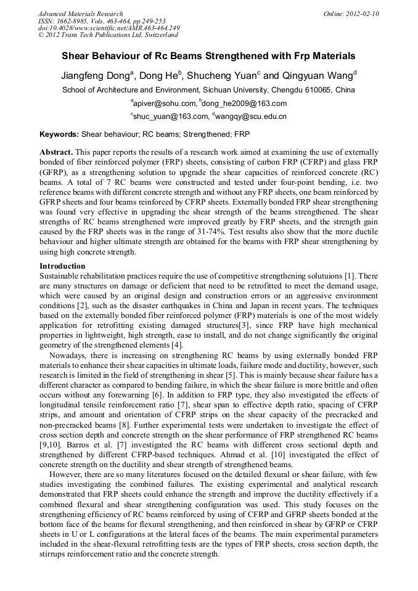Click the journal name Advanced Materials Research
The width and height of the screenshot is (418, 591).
pos(80,14)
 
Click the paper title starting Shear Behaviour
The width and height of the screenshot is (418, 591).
pos(208,56)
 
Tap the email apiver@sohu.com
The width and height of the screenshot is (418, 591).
pos(163,104)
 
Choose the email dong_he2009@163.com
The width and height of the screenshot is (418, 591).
pos(244,104)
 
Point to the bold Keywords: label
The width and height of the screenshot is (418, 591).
pos(59,134)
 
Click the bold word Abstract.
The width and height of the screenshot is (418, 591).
pos(56,152)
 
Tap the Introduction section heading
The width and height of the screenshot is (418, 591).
pos(62,266)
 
